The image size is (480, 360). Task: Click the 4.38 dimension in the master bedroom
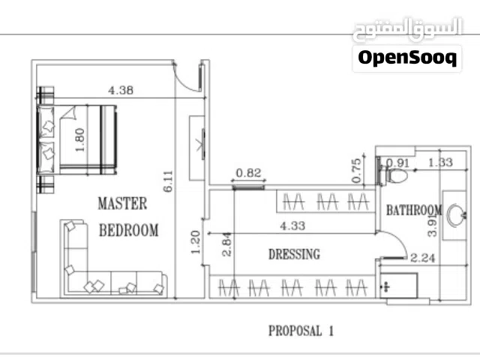(x=121, y=90)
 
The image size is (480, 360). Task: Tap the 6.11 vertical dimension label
(x=168, y=181)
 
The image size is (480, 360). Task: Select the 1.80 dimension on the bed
(x=79, y=140)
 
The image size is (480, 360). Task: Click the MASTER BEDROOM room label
(x=128, y=217)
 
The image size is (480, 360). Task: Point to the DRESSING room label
(x=294, y=254)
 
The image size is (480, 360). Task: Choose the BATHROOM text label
(x=414, y=210)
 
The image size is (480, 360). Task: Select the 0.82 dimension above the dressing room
(x=248, y=173)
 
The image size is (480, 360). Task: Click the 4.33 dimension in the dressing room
(x=292, y=226)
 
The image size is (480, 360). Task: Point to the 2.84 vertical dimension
(x=226, y=244)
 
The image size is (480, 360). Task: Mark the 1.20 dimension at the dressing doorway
(x=195, y=242)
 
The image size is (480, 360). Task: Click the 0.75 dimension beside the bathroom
(x=357, y=170)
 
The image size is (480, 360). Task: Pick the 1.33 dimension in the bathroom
(x=440, y=162)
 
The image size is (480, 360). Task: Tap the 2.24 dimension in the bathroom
(x=423, y=258)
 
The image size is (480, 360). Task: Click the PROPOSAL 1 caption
(x=301, y=331)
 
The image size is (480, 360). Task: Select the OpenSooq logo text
(x=407, y=58)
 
